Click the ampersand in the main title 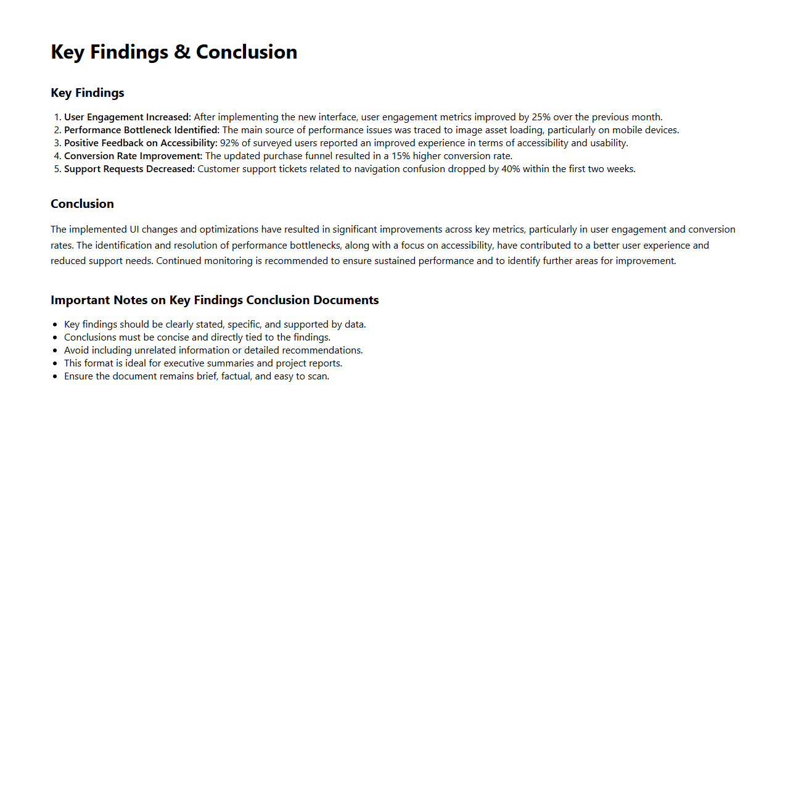coord(182,52)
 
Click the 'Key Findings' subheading coord(88,93)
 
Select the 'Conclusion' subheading coord(82,204)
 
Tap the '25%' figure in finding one coord(541,117)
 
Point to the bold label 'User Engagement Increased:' coord(128,117)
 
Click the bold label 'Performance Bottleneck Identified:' coord(142,130)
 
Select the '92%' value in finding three coord(229,143)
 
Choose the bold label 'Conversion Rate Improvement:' coord(133,156)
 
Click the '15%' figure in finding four coord(401,156)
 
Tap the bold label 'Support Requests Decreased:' coord(129,169)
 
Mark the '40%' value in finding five coord(511,169)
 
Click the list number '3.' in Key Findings coord(57,143)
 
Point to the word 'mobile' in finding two coord(627,130)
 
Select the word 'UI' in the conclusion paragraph coord(134,229)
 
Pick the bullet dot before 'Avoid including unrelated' coord(55,350)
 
